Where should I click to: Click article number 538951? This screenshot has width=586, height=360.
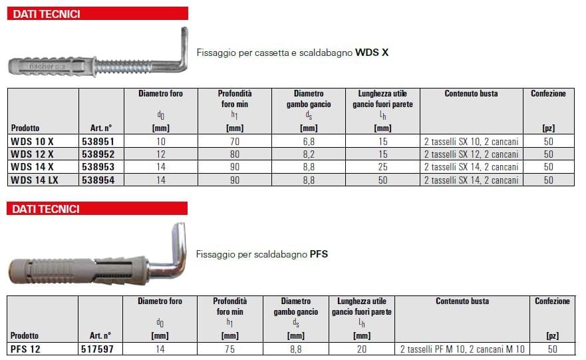point(98,142)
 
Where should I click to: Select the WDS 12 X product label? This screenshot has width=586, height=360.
point(32,154)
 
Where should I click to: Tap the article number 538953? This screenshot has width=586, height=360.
point(98,167)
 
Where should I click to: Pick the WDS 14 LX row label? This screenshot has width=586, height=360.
point(35,180)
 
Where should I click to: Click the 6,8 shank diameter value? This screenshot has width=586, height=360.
point(309,142)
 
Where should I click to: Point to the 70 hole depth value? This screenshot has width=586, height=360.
point(235,142)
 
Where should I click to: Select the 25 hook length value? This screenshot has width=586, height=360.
point(382,167)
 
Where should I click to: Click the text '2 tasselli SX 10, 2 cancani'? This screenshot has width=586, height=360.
point(472,142)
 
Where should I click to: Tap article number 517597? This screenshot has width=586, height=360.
point(97,349)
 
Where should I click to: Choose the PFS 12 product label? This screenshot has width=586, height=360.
point(25,349)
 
